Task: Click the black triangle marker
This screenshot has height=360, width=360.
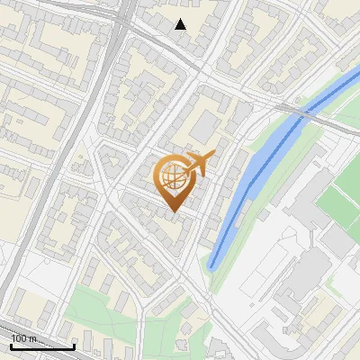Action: tap(181, 24)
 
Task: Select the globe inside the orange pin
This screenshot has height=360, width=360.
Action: tap(172, 178)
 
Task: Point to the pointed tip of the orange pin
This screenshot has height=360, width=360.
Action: tap(174, 212)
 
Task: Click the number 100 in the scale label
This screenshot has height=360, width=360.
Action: tap(22, 337)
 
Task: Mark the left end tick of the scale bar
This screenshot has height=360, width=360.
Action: tap(11, 346)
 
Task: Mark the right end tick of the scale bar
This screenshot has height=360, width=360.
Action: tap(73, 346)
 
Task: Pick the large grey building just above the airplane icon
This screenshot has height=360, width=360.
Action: tap(205, 126)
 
